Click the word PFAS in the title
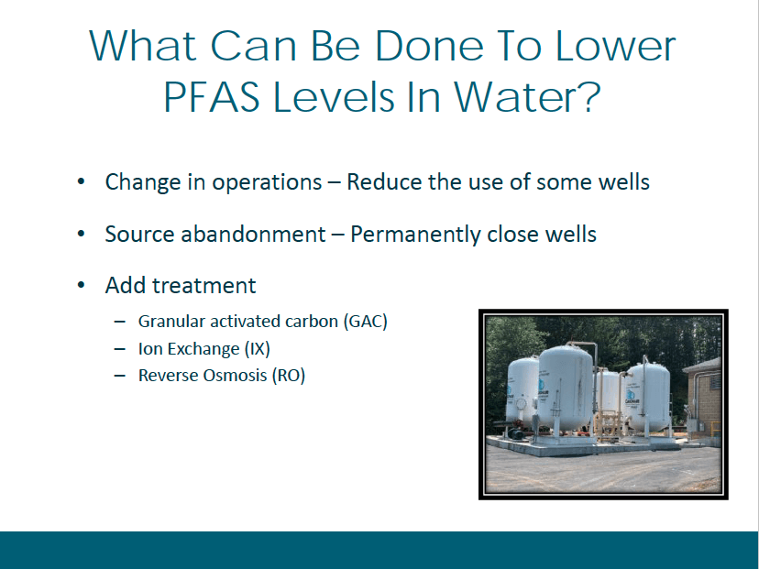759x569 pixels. tap(212, 97)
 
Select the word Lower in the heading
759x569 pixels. tap(615, 46)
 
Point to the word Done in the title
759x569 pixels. tap(429, 46)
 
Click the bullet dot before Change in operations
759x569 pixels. tap(81, 182)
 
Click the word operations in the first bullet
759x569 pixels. tap(267, 183)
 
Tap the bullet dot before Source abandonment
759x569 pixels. tap(81, 235)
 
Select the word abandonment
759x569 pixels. tap(253, 235)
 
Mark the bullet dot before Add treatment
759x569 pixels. tap(81, 286)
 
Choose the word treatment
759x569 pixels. tap(203, 286)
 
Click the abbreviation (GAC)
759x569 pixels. tap(366, 322)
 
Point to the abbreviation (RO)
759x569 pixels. tap(289, 376)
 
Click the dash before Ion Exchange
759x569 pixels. tap(119, 349)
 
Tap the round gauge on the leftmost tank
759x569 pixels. tap(521, 403)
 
